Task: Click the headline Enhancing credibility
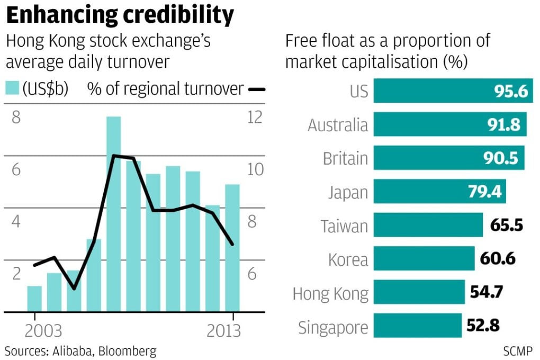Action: [x=120, y=16]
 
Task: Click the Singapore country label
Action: [x=332, y=327]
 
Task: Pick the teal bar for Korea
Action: [x=424, y=258]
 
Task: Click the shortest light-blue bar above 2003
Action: [x=34, y=299]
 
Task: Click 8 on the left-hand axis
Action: [x=16, y=117]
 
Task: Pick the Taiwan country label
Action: [x=344, y=226]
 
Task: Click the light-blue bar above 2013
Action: [x=232, y=248]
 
